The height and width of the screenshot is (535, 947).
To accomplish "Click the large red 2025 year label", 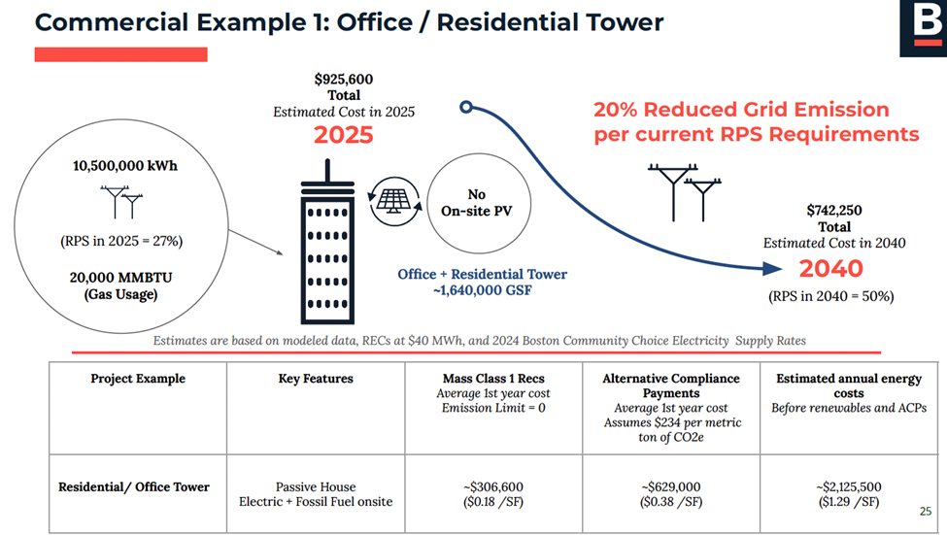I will click(x=343, y=135).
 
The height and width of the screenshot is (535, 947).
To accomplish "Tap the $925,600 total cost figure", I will click(x=343, y=79).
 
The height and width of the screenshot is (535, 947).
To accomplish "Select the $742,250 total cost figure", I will click(x=834, y=210).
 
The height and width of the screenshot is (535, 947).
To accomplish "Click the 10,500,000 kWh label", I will click(x=125, y=165).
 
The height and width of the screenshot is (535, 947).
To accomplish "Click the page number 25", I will click(x=924, y=511).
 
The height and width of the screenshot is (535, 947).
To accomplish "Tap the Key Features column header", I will click(x=315, y=379).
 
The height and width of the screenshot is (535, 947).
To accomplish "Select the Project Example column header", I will click(x=137, y=379).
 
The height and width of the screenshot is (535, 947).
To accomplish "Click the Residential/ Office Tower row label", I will click(x=134, y=486).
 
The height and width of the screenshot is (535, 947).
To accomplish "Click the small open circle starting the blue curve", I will click(x=466, y=108).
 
